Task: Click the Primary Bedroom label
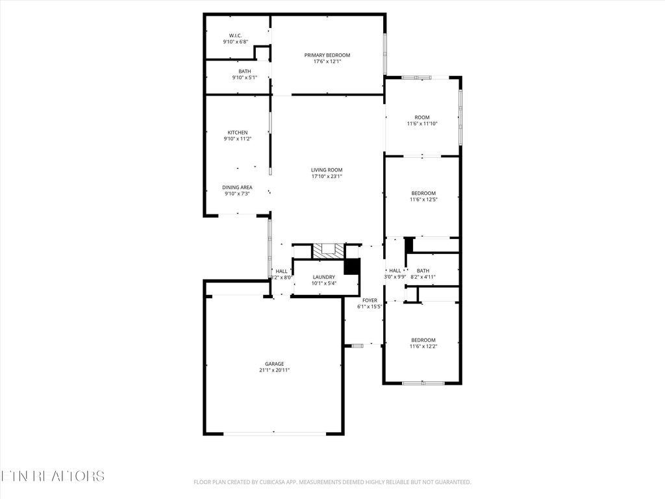(327, 55)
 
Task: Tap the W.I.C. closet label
(235, 35)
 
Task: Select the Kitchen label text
(237, 133)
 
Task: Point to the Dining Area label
(237, 187)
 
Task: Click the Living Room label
(327, 170)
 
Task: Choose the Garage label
(274, 364)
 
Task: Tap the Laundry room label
(323, 277)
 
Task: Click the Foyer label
(370, 300)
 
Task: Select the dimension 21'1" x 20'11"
(274, 370)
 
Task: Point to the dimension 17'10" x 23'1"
(327, 176)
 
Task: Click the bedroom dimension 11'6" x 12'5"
(423, 199)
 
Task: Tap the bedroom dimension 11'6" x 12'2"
(423, 346)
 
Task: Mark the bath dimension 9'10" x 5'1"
(245, 78)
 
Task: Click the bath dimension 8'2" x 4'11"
(423, 277)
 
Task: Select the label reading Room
(422, 118)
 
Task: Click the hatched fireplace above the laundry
(327, 250)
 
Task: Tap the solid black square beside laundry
(351, 266)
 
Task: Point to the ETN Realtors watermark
(52, 476)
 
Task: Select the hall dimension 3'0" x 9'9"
(395, 277)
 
